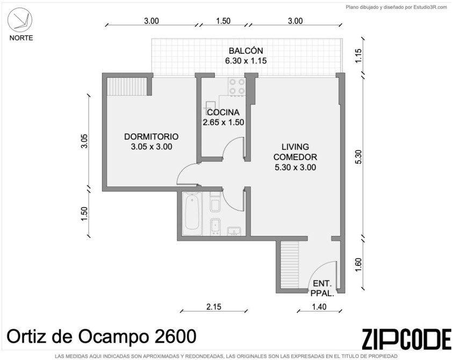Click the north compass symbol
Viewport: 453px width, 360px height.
pyautogui.click(x=20, y=20)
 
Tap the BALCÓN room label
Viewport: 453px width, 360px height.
pyautogui.click(x=246, y=51)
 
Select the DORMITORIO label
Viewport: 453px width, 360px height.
pyautogui.click(x=151, y=136)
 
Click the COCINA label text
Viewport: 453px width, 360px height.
pyautogui.click(x=224, y=112)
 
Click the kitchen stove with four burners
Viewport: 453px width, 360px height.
pyautogui.click(x=236, y=87)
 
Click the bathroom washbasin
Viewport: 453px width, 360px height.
pyautogui.click(x=234, y=232)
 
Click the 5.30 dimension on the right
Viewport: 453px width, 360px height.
pyautogui.click(x=358, y=157)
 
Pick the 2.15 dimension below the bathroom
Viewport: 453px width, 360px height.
pyautogui.click(x=214, y=307)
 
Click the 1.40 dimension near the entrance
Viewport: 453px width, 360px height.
pyautogui.click(x=319, y=307)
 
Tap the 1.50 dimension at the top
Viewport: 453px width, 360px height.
pyautogui.click(x=224, y=21)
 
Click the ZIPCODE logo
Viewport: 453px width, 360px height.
pyautogui.click(x=406, y=339)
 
